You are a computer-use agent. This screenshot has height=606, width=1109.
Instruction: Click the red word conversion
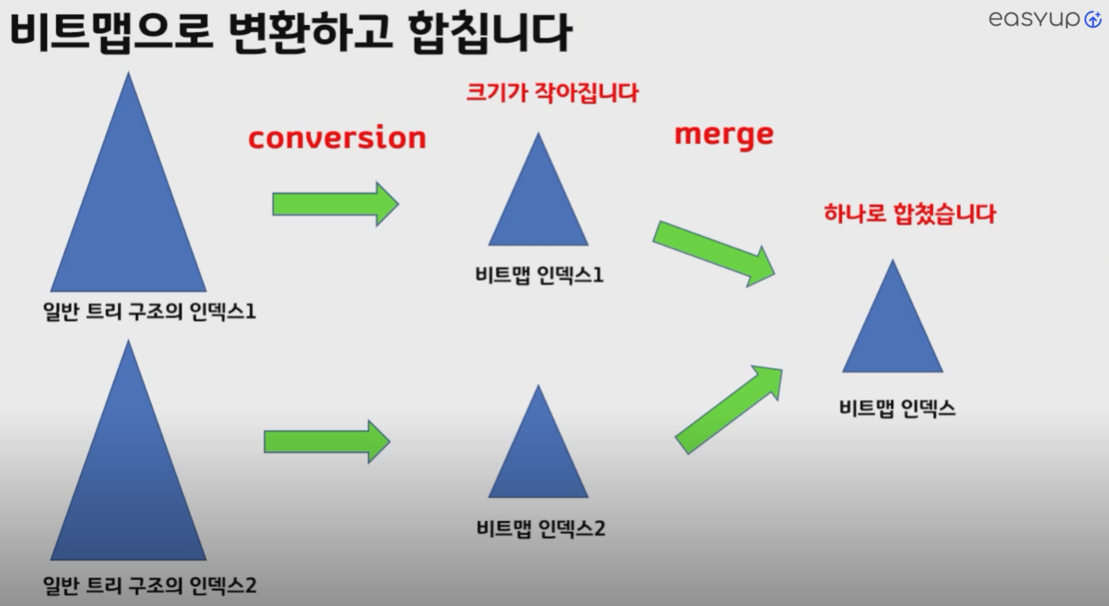tap(337, 139)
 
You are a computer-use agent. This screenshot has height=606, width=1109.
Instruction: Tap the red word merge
tap(723, 135)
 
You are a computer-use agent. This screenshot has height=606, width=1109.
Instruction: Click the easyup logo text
tap(1035, 20)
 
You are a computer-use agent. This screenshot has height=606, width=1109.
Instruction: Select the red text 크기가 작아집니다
tap(552, 93)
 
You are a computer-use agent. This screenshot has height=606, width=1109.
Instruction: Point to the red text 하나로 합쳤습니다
tap(909, 215)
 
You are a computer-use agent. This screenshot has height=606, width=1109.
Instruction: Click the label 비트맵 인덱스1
tap(539, 274)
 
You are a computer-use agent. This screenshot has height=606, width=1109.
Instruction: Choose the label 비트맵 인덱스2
tap(541, 528)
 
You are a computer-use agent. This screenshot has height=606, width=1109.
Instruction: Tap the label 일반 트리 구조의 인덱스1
tap(150, 314)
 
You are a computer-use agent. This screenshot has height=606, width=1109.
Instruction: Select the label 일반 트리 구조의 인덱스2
tap(150, 586)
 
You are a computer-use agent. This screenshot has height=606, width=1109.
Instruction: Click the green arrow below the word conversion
tap(335, 204)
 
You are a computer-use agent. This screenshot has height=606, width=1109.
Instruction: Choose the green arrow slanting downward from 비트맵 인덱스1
tap(714, 252)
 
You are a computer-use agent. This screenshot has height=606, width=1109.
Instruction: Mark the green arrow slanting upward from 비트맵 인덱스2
tap(728, 408)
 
